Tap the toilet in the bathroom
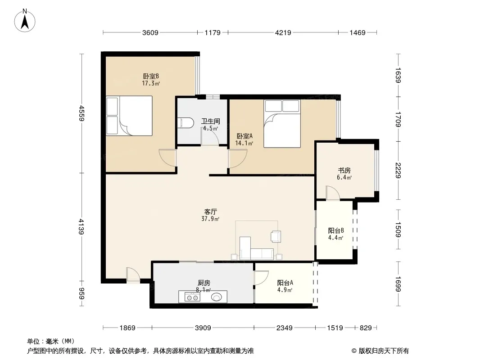coord(186,123)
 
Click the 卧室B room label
coord(151,76)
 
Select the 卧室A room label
coord(245,136)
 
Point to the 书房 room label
coord(344,171)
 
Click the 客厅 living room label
coord(211,211)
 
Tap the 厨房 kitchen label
coord(204,283)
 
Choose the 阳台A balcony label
coord(285,283)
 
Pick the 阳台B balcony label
coord(336,230)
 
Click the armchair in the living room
coord(276,236)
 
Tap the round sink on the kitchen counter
coord(217,297)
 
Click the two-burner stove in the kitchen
coord(192,297)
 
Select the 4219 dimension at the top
coord(283,32)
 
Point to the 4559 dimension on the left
coord(82,113)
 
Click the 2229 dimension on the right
coord(398,171)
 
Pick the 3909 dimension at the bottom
coord(203,328)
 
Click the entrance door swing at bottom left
coord(133,274)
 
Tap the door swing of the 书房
coord(333,193)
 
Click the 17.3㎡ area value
coord(151,83)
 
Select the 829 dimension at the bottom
coord(366,328)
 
